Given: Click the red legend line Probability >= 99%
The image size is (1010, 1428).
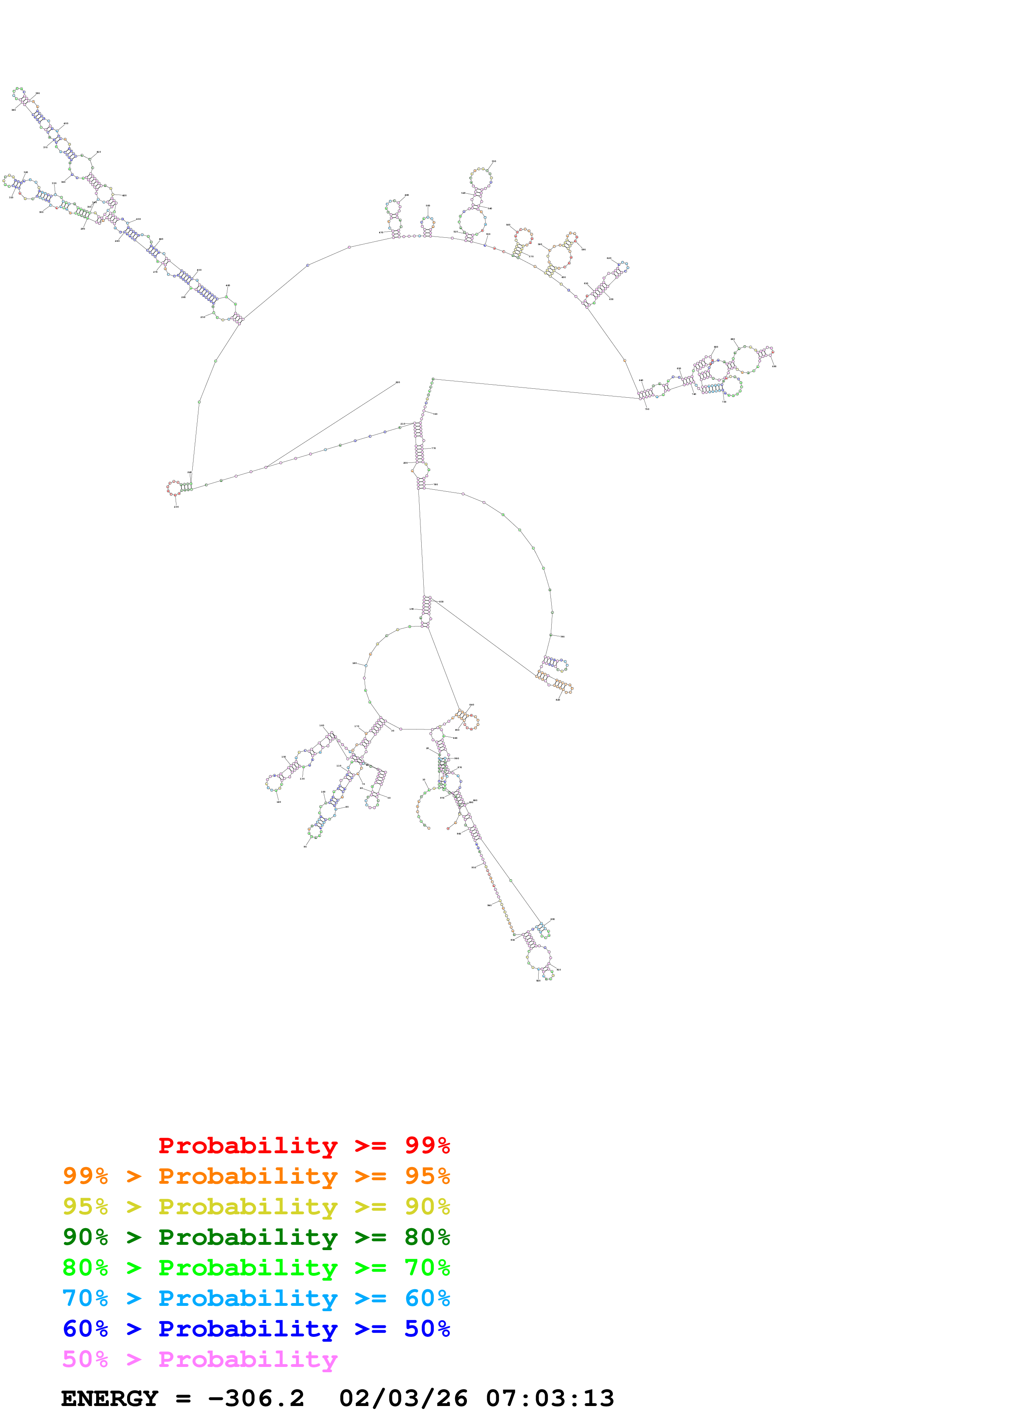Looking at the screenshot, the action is pos(304,1145).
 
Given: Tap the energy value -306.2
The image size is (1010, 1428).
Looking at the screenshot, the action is pos(256,1398).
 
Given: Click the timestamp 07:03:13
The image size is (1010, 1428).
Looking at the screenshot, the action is pos(550,1398).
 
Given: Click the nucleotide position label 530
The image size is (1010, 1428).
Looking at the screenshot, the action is pos(494,162).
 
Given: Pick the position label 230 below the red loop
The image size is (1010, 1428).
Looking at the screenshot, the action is pos(176,507).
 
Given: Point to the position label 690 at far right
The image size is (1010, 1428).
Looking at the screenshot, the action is pos(774,366).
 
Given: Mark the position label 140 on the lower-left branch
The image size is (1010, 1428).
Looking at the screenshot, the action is pos(278,802).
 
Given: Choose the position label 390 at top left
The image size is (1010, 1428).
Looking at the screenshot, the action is pos(37,93).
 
